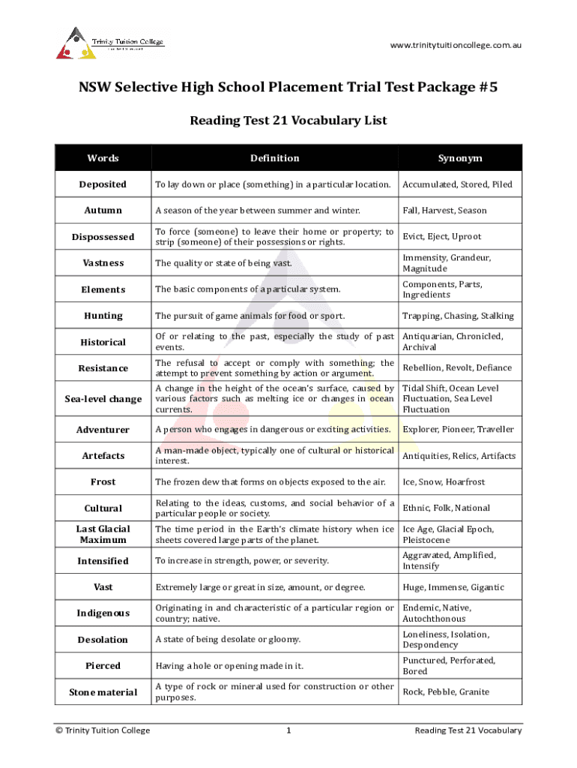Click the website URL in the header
coord(456,45)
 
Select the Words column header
coord(103,158)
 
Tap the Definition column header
coord(274,158)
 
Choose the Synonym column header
coord(460,158)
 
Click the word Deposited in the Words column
coord(103,184)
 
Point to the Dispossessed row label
coord(103,237)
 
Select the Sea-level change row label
coord(103,399)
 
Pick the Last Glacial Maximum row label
coord(103,535)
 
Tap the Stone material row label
coord(103,692)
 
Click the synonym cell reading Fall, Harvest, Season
coord(444,211)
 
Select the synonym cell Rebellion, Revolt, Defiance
coord(457,368)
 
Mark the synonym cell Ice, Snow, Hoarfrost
coord(444,482)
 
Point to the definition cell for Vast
coord(260,587)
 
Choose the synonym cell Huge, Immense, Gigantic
coord(453,587)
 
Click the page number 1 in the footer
coord(288,730)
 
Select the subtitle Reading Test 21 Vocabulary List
coord(288,120)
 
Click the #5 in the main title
coord(487,88)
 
